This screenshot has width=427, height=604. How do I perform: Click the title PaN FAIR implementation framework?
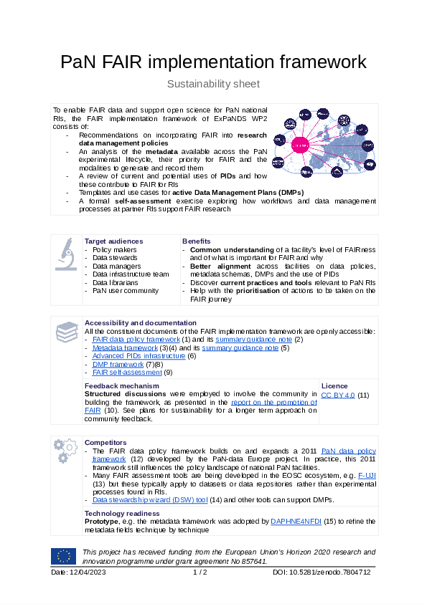click(213, 61)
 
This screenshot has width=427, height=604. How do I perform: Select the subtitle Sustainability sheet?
click(213, 84)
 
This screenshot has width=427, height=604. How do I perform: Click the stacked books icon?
click(67, 332)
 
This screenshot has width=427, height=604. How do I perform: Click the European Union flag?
click(63, 556)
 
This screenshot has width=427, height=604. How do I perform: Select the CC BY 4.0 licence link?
click(337, 395)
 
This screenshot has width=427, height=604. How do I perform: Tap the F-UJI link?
click(367, 475)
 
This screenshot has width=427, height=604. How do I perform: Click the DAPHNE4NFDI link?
click(296, 522)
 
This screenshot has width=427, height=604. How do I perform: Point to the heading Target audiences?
click(113, 241)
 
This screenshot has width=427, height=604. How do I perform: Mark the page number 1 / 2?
click(200, 572)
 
